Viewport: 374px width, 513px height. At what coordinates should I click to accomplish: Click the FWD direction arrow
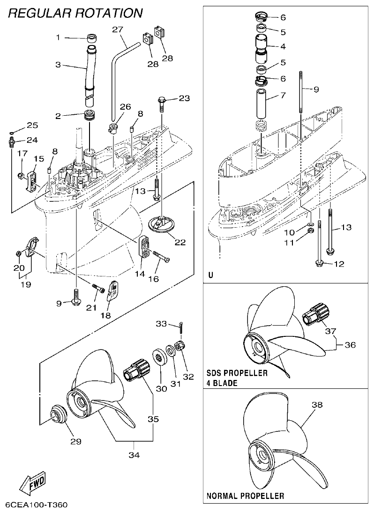(x=32, y=483)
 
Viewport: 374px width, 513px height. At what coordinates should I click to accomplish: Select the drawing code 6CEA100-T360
(x=37, y=506)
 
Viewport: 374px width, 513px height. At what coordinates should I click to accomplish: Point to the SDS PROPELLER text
(x=237, y=373)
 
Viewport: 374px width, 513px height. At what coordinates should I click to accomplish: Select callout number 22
(x=180, y=242)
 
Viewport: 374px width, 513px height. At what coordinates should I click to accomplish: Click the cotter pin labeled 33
(x=181, y=326)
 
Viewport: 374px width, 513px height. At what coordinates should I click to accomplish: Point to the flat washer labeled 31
(x=168, y=352)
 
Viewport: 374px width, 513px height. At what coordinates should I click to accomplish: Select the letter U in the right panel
(x=210, y=275)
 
